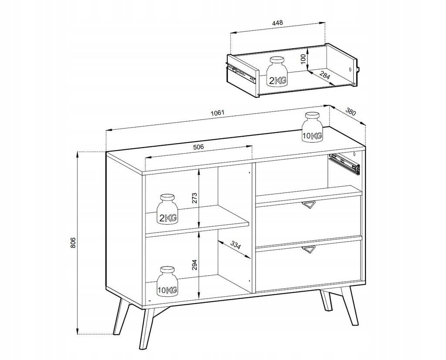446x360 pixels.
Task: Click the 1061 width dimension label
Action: click(x=218, y=113)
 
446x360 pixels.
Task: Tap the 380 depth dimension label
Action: click(x=351, y=111)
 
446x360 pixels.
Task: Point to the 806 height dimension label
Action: click(x=73, y=242)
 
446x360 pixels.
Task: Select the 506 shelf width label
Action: click(x=199, y=147)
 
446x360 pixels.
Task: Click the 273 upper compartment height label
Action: click(x=195, y=199)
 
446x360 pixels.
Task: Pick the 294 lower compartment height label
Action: click(x=195, y=265)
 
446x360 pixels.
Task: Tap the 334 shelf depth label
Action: click(x=235, y=245)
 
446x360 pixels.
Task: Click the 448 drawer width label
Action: click(x=277, y=23)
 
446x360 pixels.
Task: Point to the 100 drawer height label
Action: click(x=303, y=59)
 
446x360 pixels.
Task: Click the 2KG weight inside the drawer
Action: click(x=277, y=71)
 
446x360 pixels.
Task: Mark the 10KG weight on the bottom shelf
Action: click(x=167, y=281)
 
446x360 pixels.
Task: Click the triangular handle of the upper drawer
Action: click(x=309, y=205)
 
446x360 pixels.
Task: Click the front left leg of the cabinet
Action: click(x=147, y=328)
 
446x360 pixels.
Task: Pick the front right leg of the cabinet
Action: click(x=350, y=306)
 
